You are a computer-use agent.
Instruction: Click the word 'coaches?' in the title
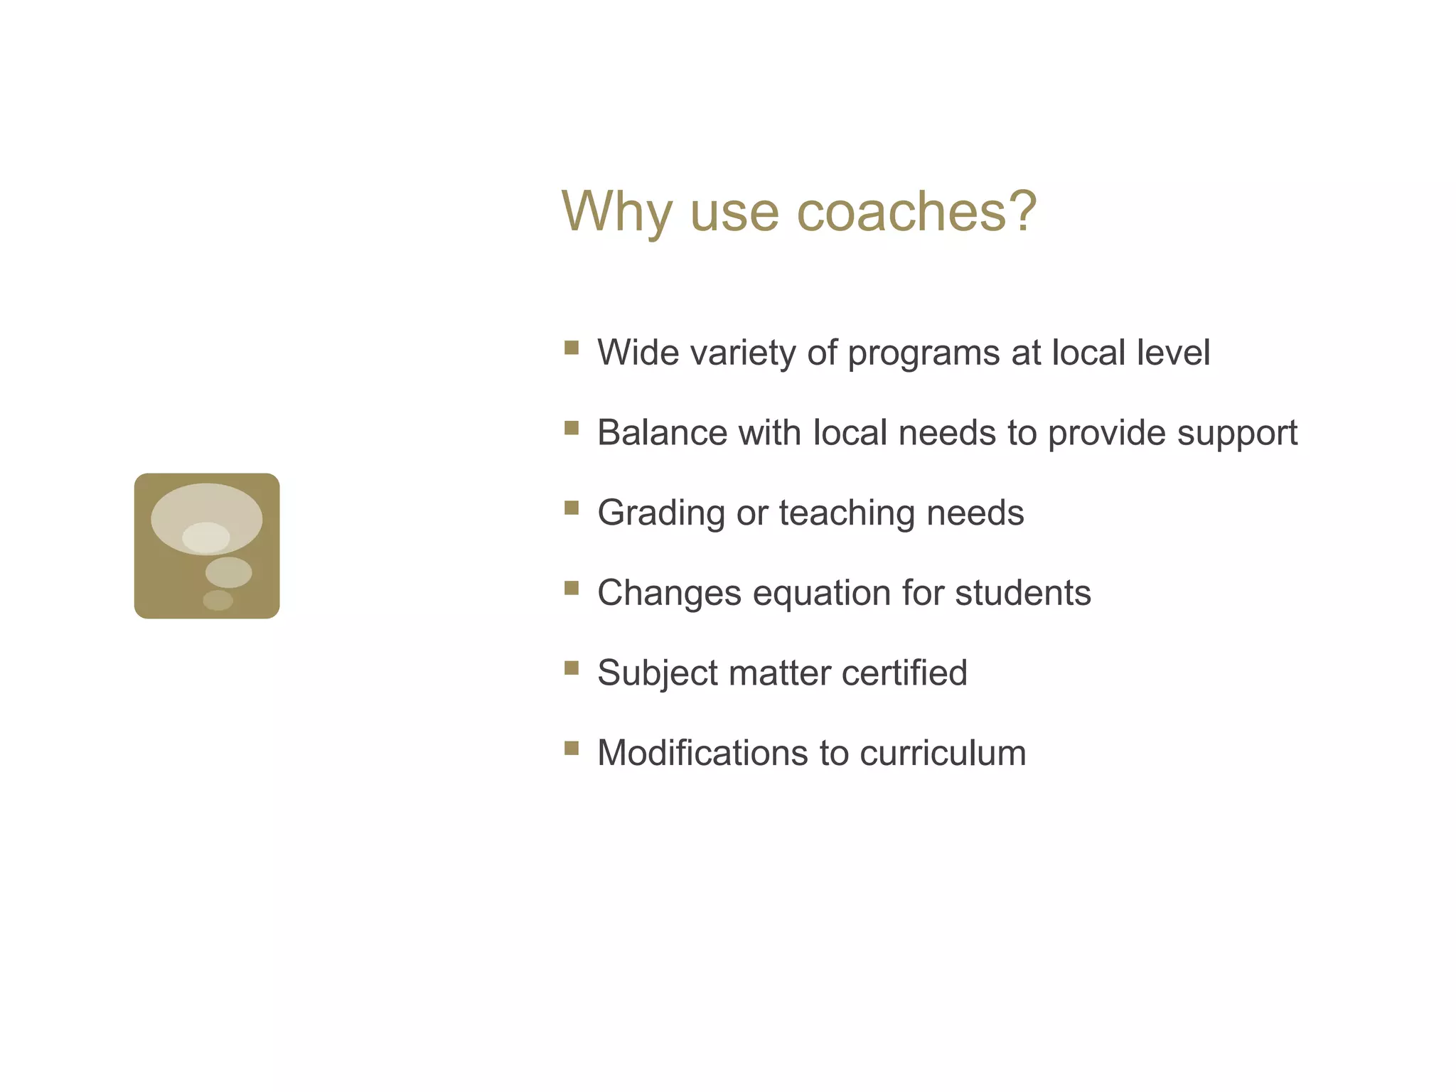pos(916,211)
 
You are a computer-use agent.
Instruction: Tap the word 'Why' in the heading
pos(616,211)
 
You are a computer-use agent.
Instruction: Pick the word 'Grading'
pos(660,513)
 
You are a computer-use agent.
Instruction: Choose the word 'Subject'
pos(658,673)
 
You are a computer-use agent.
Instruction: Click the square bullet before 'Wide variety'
pos(572,348)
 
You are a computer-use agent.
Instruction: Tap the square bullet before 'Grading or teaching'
pos(572,508)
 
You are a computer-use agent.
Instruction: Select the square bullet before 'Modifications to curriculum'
pos(572,748)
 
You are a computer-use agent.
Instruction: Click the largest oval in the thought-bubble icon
pos(206,506)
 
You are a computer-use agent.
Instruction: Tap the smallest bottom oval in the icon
pos(218,600)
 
